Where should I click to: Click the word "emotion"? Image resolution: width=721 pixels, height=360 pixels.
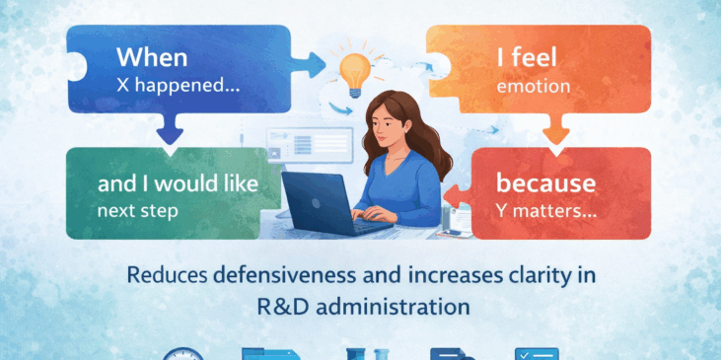tap(534, 86)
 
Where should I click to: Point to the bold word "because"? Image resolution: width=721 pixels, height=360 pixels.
tap(545, 182)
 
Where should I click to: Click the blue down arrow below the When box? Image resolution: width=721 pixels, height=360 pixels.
tap(171, 128)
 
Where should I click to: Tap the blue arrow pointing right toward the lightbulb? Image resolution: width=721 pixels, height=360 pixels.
tap(311, 67)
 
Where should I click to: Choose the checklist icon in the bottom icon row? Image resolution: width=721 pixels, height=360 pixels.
tap(538, 354)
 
